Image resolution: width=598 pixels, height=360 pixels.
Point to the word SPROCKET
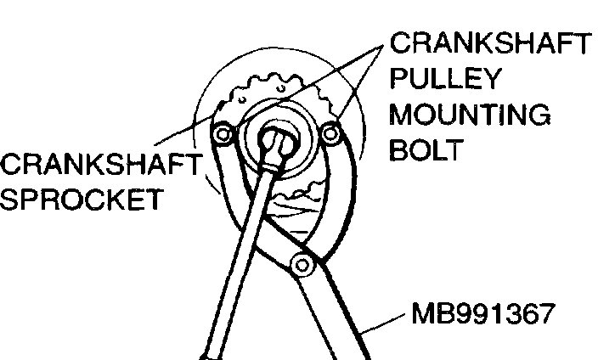pos(81,200)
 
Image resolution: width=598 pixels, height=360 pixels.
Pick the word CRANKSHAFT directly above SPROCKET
pos(101,164)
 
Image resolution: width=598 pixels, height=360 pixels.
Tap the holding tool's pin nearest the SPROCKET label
pos(223,134)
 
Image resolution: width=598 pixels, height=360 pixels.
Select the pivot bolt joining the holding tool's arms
pos(298,264)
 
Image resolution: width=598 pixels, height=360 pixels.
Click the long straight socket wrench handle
pos(238,255)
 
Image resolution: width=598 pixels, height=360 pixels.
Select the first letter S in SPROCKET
pos(11,200)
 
